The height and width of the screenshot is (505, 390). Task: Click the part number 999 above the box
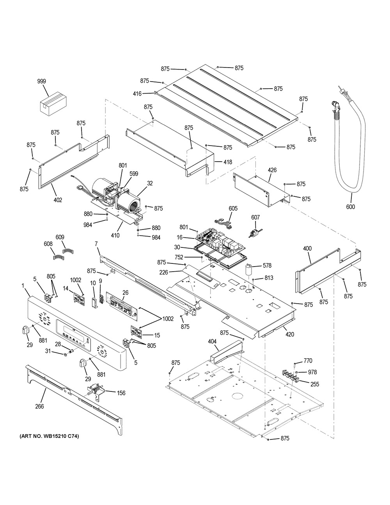(42, 81)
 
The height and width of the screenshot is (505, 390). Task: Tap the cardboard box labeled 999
(53, 103)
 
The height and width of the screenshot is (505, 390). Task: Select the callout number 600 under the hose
(351, 206)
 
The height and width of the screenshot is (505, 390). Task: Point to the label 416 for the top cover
(137, 94)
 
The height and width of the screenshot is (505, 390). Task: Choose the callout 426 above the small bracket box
(272, 170)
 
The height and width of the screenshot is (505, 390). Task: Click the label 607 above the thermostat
(255, 217)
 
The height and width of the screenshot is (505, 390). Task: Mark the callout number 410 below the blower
(115, 235)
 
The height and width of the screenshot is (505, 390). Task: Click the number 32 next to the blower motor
(150, 183)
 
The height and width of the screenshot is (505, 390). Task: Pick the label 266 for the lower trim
(39, 406)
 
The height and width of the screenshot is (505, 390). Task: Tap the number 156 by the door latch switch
(121, 393)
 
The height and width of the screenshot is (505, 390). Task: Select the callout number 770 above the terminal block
(308, 361)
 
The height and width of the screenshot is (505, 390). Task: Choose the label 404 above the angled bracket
(212, 341)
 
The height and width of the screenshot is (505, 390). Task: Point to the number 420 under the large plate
(290, 334)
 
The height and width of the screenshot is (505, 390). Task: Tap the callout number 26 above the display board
(125, 292)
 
